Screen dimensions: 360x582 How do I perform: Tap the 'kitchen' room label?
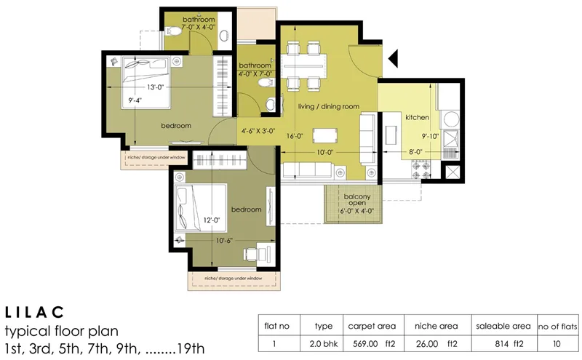(417, 117)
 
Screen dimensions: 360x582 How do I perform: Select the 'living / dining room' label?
(329, 107)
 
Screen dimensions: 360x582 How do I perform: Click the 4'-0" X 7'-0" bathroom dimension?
(255, 73)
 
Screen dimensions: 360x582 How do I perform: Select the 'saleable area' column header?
(502, 326)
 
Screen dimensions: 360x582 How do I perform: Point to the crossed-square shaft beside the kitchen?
(452, 175)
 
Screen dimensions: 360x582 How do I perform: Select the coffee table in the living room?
(325, 135)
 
